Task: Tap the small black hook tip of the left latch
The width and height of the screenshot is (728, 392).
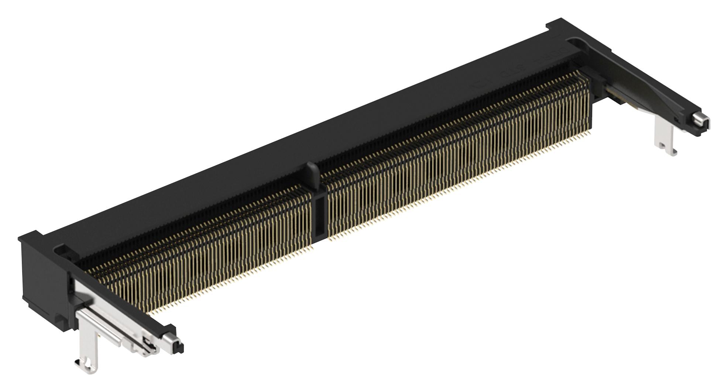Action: [180, 347]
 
